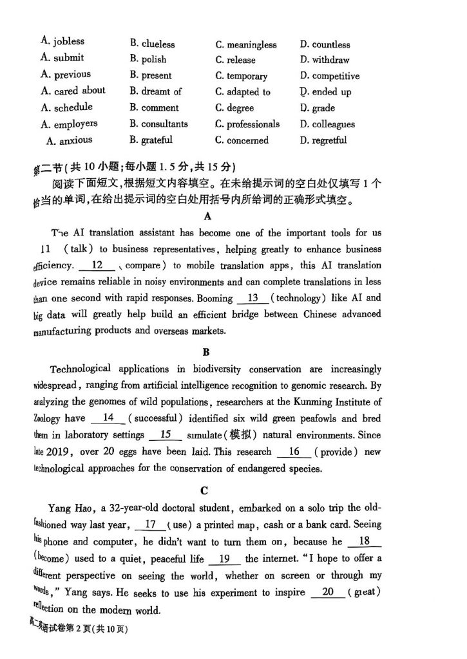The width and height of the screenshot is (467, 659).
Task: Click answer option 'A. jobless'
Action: click(62, 41)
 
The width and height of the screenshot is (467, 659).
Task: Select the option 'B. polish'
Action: click(148, 59)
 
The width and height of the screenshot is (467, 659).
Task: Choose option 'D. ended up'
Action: click(325, 91)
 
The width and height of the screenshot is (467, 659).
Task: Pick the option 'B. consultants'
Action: click(158, 124)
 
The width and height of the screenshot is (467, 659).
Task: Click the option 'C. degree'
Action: click(234, 107)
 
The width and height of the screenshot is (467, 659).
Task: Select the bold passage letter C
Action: click(204, 490)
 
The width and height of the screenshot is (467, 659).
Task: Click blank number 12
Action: click(98, 265)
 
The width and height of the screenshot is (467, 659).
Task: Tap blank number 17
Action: click(152, 524)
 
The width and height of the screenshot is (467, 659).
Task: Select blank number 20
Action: click(328, 592)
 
